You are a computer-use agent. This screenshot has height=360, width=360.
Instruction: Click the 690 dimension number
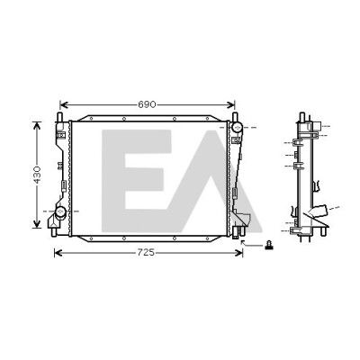click(147, 104)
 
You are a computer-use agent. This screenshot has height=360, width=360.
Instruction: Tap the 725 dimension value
click(146, 253)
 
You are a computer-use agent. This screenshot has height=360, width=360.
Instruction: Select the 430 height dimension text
click(37, 175)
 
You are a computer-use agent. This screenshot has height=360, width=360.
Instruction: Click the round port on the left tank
click(61, 211)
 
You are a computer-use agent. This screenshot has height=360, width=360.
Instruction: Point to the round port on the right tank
click(237, 128)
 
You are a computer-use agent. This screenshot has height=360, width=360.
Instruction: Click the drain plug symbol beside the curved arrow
click(268, 246)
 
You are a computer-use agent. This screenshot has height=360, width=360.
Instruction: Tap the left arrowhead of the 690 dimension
click(63, 105)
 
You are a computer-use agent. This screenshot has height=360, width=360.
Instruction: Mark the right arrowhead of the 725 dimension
click(239, 253)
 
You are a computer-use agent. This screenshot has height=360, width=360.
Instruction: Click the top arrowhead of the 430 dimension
click(37, 125)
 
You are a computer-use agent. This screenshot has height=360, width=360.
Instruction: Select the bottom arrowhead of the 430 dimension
click(37, 224)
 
